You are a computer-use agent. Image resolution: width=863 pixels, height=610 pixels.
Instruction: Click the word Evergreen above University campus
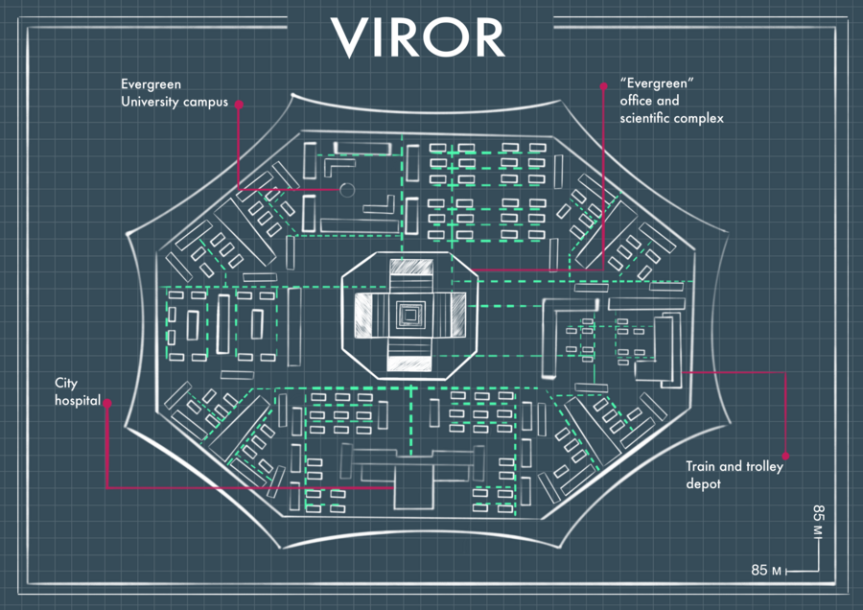pos(151,84)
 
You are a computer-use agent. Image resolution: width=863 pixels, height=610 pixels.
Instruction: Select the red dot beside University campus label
pos(239,104)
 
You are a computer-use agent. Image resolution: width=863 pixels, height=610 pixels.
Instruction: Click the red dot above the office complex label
pos(602,84)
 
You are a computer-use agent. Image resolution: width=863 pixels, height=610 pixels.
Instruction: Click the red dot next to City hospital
pos(107,404)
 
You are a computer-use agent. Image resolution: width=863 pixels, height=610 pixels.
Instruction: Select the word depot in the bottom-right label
pos(703,484)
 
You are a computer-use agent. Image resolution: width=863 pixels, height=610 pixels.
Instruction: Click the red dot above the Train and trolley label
pos(786,456)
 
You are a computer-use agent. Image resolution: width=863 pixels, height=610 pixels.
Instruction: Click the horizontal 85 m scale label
pos(767,571)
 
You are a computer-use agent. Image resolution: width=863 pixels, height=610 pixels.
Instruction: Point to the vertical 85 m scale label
pos(818,519)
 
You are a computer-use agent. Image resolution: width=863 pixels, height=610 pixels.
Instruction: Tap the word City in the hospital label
pos(66,384)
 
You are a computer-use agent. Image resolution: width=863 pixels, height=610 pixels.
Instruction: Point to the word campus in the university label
pos(205,102)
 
